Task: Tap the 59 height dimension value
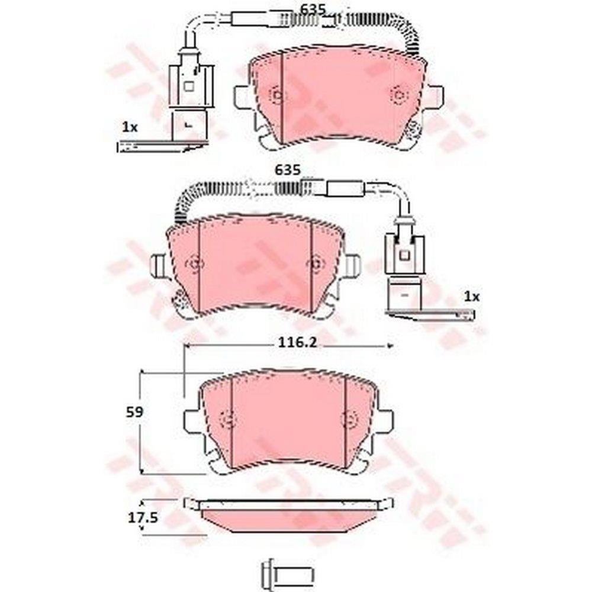coord(135,412)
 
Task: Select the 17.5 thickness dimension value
coord(143,517)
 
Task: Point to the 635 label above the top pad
coord(313,9)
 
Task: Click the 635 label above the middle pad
coord(288,170)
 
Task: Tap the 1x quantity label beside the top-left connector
coord(130,128)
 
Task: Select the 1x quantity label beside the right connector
coord(472,297)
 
